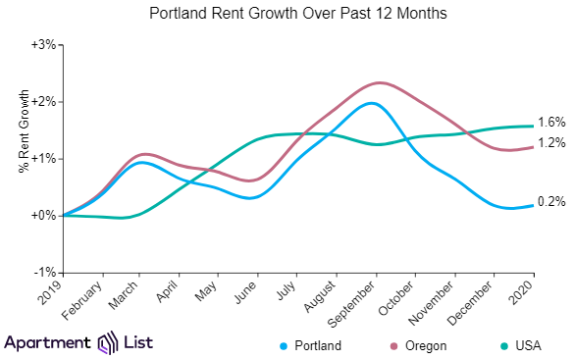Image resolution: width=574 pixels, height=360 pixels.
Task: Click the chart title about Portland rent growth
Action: click(x=287, y=14)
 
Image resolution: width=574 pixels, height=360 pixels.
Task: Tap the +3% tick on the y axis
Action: click(x=43, y=45)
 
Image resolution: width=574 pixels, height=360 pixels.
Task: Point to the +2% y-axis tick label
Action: click(x=43, y=102)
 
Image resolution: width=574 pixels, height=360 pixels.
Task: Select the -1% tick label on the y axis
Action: click(x=45, y=272)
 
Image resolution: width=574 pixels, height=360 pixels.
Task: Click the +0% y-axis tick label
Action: click(x=43, y=215)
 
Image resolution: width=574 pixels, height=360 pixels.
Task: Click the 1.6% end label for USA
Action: click(x=551, y=123)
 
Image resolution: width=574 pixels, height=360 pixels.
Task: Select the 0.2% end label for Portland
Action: click(x=551, y=202)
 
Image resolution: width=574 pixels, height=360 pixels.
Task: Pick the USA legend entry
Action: click(x=519, y=345)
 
